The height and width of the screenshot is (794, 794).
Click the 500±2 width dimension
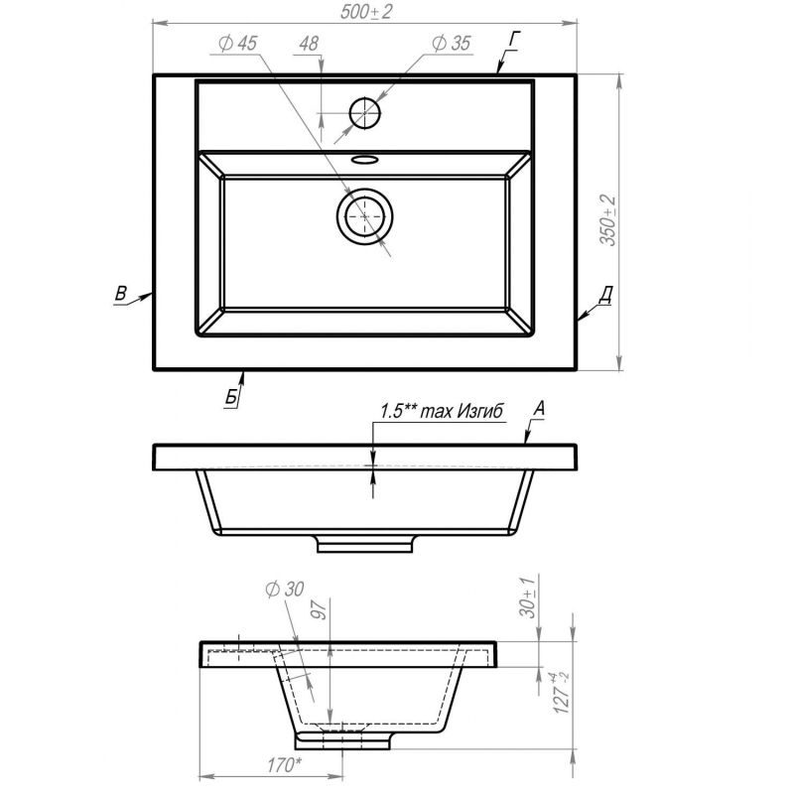(x=364, y=11)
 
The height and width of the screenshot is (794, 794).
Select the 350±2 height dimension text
(x=608, y=220)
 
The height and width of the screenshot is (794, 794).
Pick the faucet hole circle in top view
(x=365, y=113)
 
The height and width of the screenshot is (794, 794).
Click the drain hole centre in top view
(x=365, y=215)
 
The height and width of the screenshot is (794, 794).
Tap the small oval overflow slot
(x=364, y=157)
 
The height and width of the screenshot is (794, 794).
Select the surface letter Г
(x=514, y=39)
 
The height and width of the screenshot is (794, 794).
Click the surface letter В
(x=120, y=292)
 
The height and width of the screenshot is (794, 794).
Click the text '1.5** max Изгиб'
(x=442, y=411)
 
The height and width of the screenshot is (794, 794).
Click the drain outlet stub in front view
(x=364, y=543)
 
